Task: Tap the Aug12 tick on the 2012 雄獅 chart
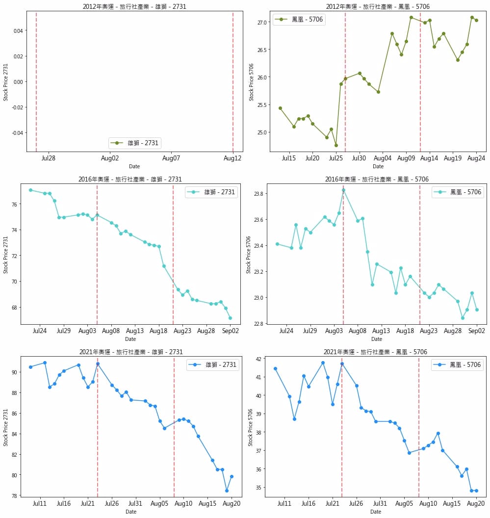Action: (232, 158)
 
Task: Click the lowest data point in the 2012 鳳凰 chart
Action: (336, 145)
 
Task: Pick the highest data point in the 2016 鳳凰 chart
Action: (343, 190)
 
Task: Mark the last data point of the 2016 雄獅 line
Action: (230, 318)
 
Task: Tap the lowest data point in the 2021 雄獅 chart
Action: (227, 491)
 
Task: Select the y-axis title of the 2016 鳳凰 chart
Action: (249, 254)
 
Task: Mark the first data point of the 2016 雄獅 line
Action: (30, 190)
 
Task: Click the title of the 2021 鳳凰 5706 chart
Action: (375, 352)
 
